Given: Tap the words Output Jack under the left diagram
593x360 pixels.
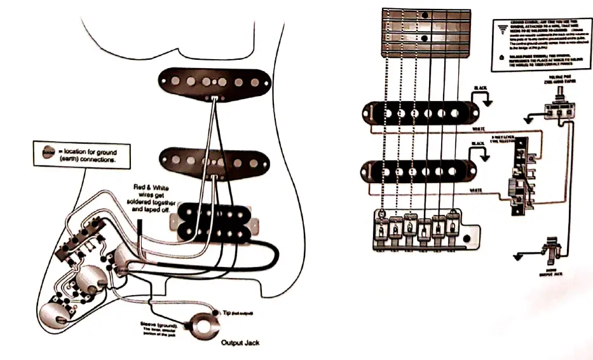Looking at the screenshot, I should pyautogui.click(x=240, y=343).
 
